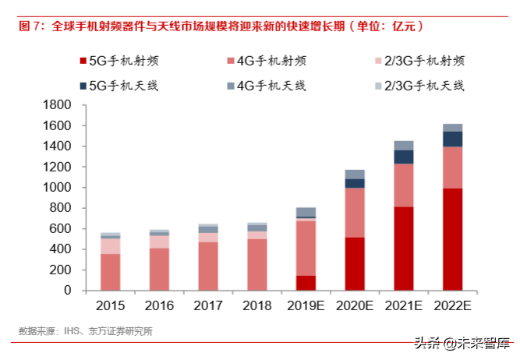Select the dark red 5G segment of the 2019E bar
[x=306, y=283]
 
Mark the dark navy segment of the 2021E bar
[x=404, y=157]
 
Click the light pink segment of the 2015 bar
[x=111, y=245]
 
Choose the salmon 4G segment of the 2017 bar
[x=208, y=266]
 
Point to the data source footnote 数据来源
[x=86, y=330]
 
